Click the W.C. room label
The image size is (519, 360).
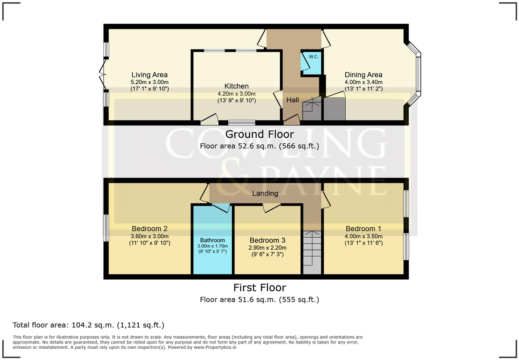(x=313, y=57)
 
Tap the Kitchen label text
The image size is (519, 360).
(x=236, y=86)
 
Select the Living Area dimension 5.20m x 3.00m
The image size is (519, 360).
(x=149, y=82)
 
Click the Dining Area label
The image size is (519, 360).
(x=363, y=75)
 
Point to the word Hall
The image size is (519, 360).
(x=292, y=100)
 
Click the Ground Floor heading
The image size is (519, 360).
(x=259, y=134)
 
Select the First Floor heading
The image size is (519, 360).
(x=259, y=288)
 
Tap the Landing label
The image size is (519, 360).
(x=265, y=193)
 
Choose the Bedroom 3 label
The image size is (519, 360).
(x=267, y=240)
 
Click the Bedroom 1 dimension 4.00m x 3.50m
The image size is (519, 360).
(x=363, y=236)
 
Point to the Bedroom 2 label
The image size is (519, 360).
(x=149, y=229)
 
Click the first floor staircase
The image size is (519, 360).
(x=312, y=252)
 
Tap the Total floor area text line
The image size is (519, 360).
(x=89, y=325)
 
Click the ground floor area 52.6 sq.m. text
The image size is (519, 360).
(x=259, y=146)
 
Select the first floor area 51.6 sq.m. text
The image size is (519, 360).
(x=259, y=300)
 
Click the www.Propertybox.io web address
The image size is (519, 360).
(x=215, y=347)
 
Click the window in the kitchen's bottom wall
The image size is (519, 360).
(x=242, y=122)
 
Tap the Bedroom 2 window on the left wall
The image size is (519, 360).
(x=106, y=228)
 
